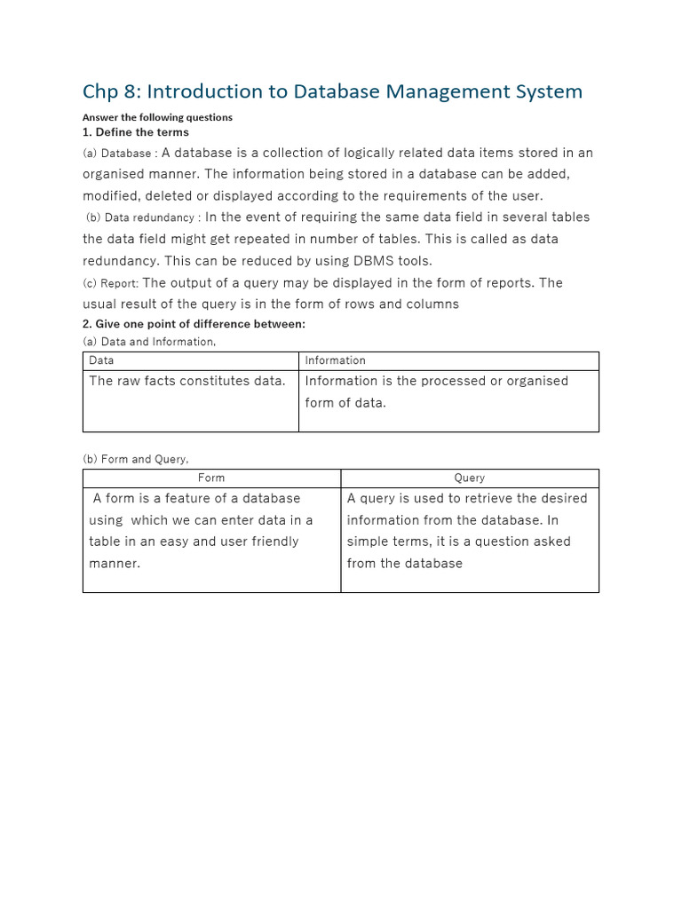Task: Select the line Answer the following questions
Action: [x=157, y=117]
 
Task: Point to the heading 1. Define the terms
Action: [x=136, y=132]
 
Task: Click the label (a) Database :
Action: [x=120, y=153]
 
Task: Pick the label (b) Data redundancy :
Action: [x=144, y=217]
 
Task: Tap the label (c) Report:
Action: [x=110, y=283]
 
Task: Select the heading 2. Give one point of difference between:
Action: [x=194, y=324]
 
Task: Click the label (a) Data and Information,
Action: [x=149, y=342]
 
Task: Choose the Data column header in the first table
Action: [x=101, y=360]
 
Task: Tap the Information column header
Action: [x=335, y=360]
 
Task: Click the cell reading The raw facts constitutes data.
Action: [x=187, y=381]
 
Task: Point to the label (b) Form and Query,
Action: [x=136, y=459]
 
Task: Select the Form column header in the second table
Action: [x=211, y=478]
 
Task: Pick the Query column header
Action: [x=470, y=478]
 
